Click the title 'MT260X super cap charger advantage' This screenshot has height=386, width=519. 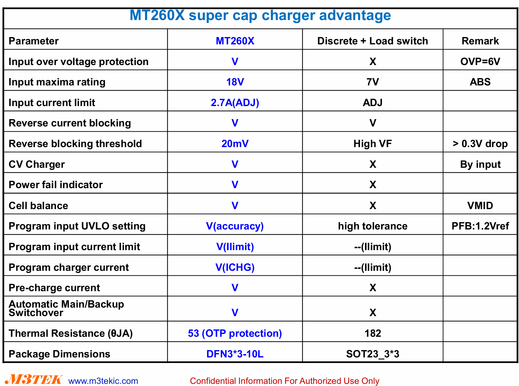[260, 15]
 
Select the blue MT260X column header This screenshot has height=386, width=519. [235, 41]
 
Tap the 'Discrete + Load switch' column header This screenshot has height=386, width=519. [373, 41]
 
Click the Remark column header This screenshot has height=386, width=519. [480, 41]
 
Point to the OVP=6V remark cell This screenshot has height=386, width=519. [480, 62]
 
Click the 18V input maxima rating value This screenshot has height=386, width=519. [235, 82]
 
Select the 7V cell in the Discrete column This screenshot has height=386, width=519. [373, 82]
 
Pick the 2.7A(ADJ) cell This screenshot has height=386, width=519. [235, 103]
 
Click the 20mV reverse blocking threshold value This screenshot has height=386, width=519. [235, 144]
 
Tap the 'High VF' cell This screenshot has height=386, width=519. [373, 144]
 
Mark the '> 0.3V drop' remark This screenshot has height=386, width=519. [480, 144]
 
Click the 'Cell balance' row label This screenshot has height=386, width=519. [38, 206]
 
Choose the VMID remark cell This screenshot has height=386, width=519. [480, 206]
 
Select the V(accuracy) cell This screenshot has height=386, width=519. [235, 226]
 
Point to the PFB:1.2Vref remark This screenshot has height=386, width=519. [480, 226]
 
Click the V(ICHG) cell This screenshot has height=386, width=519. [235, 267]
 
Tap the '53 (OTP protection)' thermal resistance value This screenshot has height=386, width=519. [235, 333]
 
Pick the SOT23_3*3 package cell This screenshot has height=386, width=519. [373, 354]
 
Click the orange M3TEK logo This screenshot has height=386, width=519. [34, 380]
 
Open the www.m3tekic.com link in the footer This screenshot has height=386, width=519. [103, 381]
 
